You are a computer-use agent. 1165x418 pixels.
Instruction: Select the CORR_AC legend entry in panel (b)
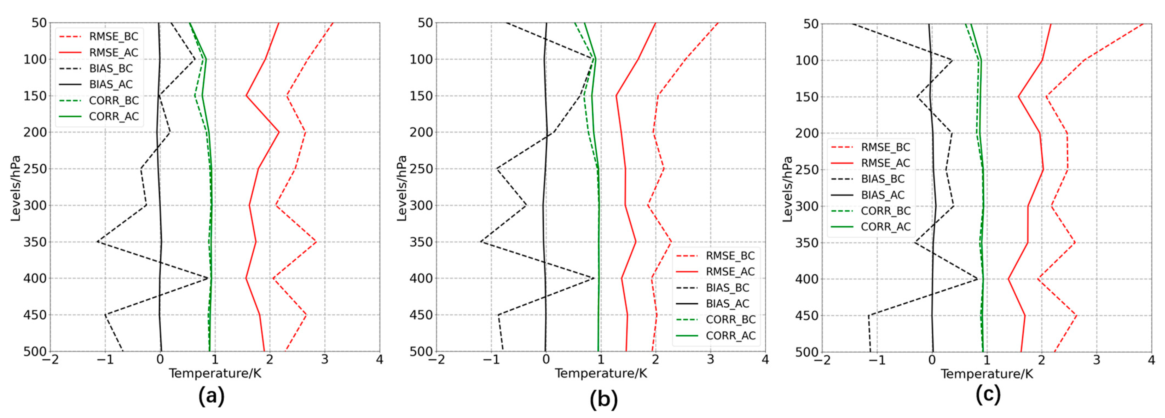730,335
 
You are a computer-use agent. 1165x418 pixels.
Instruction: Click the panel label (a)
211,396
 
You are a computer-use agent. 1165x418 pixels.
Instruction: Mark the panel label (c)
988,394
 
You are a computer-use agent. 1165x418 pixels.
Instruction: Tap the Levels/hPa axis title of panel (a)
16,188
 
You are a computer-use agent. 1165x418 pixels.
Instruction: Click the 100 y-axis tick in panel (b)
421,59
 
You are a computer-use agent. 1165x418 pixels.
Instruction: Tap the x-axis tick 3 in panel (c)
1097,360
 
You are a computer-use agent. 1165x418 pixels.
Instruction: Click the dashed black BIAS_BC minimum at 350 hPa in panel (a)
97,242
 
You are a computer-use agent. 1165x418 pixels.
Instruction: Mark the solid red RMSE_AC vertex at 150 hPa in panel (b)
616,96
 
